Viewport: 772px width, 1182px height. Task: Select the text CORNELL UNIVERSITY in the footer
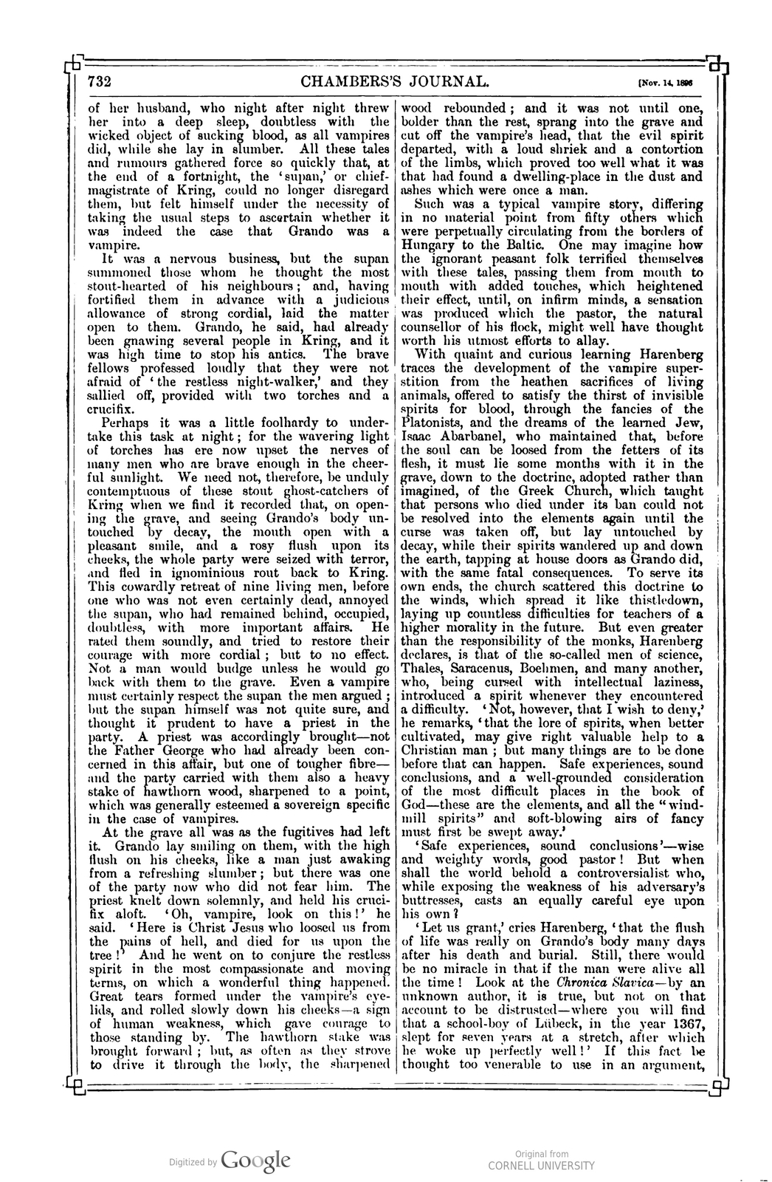pyautogui.click(x=541, y=1165)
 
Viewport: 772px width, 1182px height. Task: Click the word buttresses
pyautogui.click(x=435, y=901)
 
